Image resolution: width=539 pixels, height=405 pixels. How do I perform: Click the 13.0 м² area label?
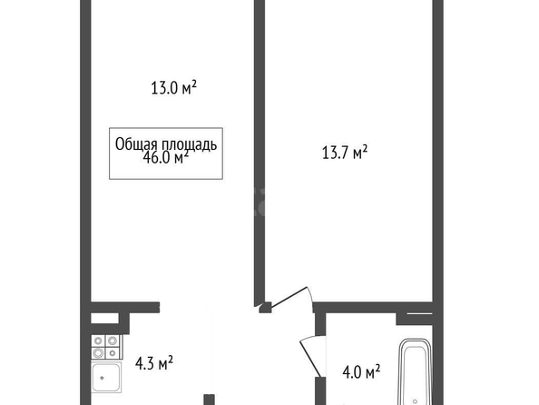(x=173, y=88)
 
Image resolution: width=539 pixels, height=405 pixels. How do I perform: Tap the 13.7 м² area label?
(x=345, y=153)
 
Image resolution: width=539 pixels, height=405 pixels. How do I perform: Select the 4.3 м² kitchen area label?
(x=154, y=363)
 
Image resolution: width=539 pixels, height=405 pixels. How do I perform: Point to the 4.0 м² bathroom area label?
(x=361, y=372)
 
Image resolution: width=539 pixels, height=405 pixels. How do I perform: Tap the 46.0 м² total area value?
(x=166, y=158)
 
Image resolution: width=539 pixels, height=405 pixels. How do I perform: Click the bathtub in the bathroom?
(x=415, y=372)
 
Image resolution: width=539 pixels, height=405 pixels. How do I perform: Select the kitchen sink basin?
(x=106, y=378)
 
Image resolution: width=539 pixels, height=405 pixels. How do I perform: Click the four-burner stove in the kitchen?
(x=105, y=347)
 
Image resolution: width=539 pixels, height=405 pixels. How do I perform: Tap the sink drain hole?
(x=103, y=378)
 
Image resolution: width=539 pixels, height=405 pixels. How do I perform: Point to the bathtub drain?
(x=416, y=401)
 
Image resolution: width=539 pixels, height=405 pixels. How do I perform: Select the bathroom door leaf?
(x=311, y=359)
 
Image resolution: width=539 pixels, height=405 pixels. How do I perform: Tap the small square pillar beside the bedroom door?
(x=265, y=307)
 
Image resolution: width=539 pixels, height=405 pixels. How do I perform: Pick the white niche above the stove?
(x=104, y=318)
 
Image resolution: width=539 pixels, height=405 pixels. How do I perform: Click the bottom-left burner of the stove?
(x=98, y=353)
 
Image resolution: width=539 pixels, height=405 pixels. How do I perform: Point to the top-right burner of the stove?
(x=113, y=341)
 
